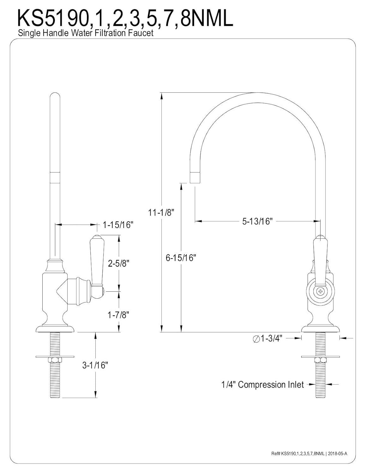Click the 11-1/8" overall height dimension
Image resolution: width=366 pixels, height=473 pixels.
pyautogui.click(x=161, y=213)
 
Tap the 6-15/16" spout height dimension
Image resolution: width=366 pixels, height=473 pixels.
pyautogui.click(x=181, y=258)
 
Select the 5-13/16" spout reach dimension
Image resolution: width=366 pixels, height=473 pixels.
pyautogui.click(x=257, y=221)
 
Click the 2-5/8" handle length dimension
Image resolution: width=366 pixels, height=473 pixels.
pyautogui.click(x=119, y=263)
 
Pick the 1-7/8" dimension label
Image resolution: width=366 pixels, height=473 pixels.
pyautogui.click(x=119, y=314)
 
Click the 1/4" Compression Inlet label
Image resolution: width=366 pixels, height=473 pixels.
pyautogui.click(x=262, y=384)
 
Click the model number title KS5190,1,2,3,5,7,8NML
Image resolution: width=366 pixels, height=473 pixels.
pyautogui.click(x=125, y=18)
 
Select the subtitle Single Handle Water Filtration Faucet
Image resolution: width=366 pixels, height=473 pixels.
pyautogui.click(x=86, y=33)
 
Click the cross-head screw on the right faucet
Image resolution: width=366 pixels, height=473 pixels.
pyautogui.click(x=321, y=291)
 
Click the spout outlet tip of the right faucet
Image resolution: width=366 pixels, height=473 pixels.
pyautogui.click(x=195, y=178)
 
